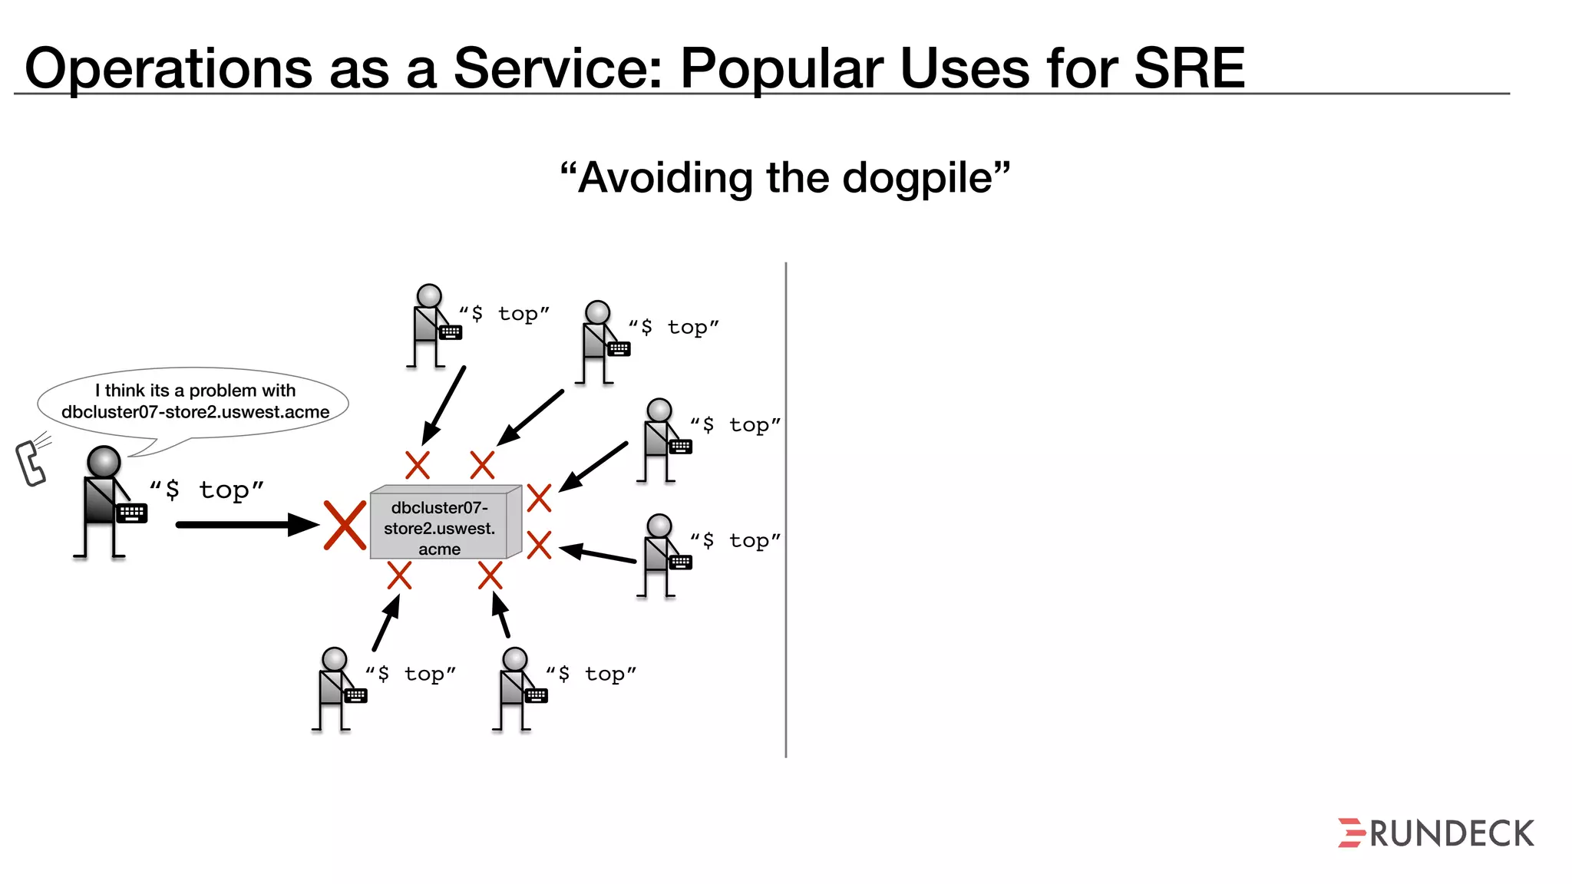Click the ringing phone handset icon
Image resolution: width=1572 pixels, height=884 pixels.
pos(31,463)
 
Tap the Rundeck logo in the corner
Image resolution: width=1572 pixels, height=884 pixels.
pos(1435,833)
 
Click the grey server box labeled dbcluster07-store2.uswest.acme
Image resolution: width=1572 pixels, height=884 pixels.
pos(440,526)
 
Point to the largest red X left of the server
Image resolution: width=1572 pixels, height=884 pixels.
pos(345,526)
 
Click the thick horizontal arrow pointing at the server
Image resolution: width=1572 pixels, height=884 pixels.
pos(246,525)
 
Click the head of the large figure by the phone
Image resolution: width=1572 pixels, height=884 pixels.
pos(104,462)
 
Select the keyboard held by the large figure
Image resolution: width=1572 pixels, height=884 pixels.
pos(132,513)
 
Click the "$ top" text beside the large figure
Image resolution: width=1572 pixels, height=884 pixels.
pos(206,490)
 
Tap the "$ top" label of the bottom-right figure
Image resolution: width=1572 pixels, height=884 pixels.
pos(591,674)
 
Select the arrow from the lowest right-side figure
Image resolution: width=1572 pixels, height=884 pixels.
pos(599,554)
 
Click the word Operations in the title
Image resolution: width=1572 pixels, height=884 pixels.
pos(168,68)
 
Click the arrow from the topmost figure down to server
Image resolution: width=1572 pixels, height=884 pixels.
pos(444,406)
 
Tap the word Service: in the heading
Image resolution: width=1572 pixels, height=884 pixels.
pos(557,68)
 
